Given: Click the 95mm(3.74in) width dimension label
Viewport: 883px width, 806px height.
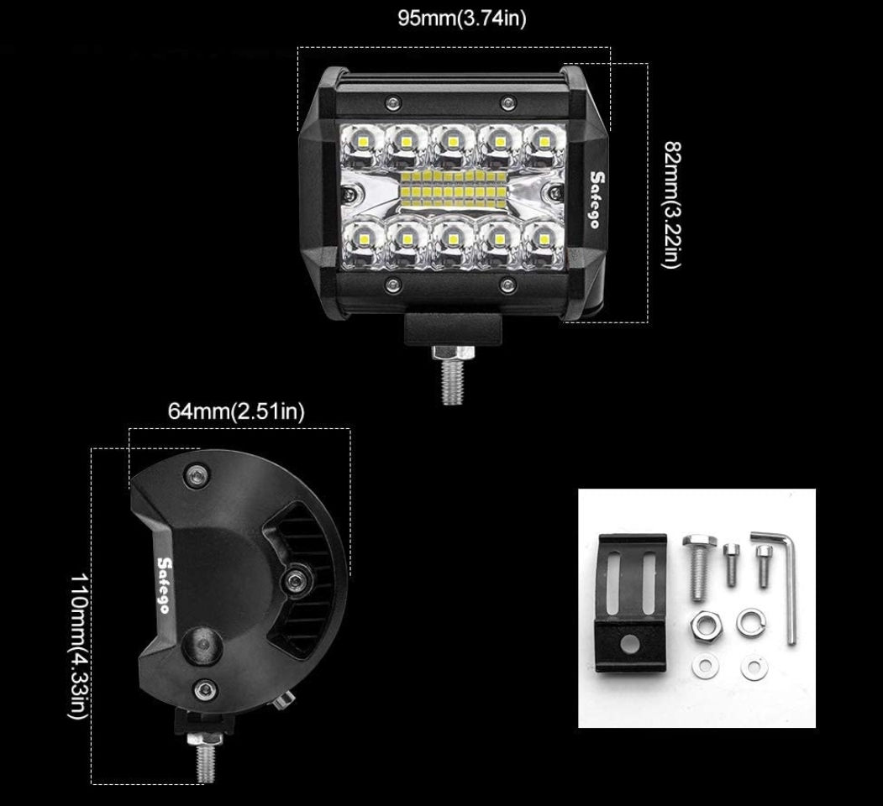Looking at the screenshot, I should coord(461,18).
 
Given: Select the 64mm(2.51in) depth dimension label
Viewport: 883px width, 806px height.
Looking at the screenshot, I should coord(236,411).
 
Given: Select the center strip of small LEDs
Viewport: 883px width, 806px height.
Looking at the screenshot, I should coord(454,187).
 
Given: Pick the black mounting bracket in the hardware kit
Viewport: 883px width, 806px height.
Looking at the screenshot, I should coord(628,603).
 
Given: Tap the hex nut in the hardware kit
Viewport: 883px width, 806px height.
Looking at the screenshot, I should coord(702,624).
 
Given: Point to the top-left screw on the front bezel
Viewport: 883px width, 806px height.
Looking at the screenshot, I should coord(391,102).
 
